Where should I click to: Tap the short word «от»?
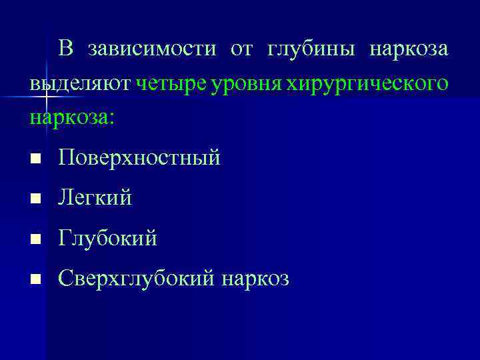241,49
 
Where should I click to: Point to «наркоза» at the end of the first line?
409,49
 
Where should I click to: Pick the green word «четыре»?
171,85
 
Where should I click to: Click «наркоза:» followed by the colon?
72,119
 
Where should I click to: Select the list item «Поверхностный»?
139,158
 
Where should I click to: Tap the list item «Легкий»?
95,198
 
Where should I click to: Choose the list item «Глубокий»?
107,238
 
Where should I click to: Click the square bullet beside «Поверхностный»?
35,159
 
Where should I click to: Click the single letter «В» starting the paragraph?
65,49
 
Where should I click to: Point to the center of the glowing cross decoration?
47,97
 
